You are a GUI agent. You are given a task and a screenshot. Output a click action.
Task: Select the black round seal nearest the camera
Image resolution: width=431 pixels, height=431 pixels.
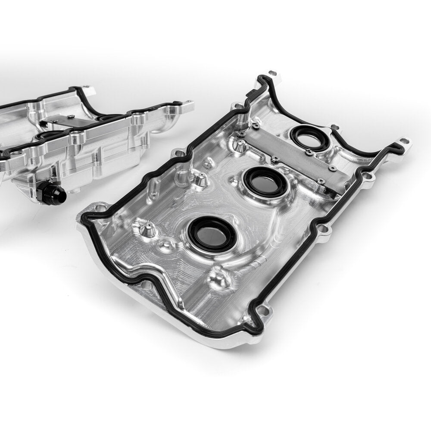tap(212, 233)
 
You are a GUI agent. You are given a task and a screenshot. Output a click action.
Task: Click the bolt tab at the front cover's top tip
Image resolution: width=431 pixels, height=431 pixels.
tap(272, 75)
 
